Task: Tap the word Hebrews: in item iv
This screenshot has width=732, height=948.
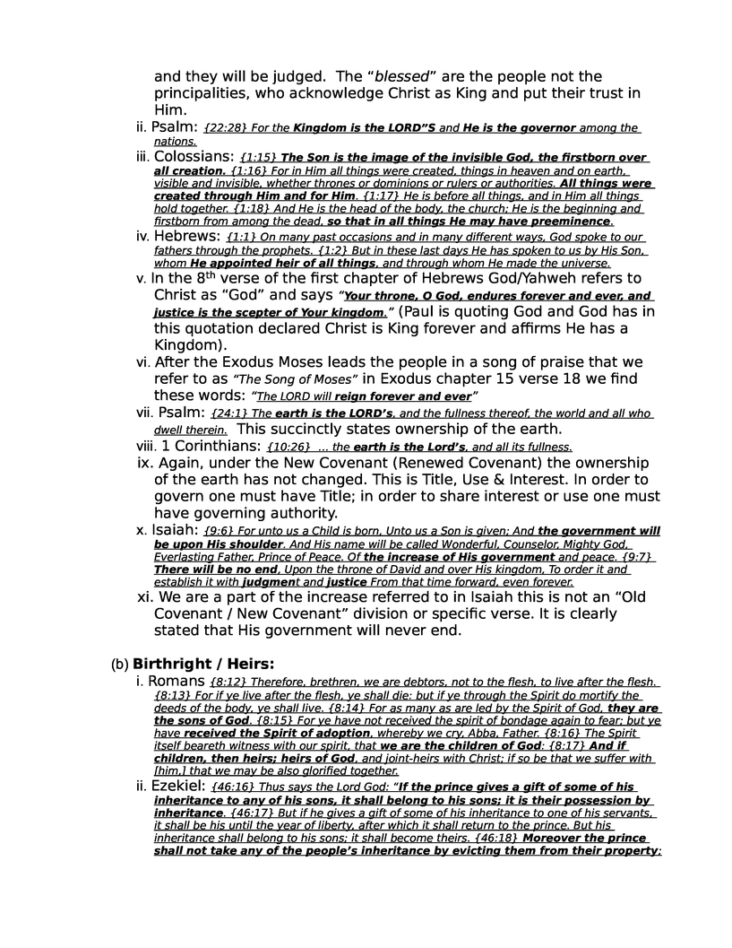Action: tap(186, 236)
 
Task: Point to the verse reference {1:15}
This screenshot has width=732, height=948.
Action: tap(259, 158)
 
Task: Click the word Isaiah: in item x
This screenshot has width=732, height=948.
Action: tap(177, 530)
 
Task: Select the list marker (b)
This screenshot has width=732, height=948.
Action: tap(120, 665)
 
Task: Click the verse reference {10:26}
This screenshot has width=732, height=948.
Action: tap(288, 447)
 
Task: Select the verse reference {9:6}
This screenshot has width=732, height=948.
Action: tap(218, 531)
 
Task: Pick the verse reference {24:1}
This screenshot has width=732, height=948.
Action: tap(229, 413)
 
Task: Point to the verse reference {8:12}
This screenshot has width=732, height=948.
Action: tap(228, 683)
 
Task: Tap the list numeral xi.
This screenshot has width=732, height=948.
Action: tap(143, 596)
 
